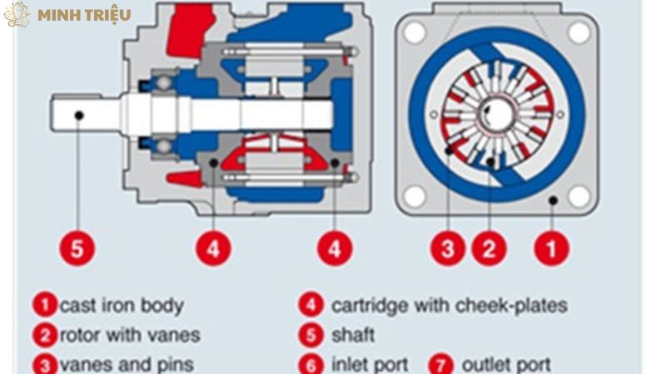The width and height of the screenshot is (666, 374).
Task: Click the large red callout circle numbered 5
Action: point(77,248)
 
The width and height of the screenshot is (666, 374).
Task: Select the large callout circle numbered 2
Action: point(489,248)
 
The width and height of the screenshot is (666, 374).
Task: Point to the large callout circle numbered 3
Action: point(448,248)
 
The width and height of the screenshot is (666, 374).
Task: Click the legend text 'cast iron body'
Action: point(121,305)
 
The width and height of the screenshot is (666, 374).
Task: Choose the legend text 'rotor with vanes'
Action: point(129,335)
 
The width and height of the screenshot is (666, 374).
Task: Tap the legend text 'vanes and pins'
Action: point(126,364)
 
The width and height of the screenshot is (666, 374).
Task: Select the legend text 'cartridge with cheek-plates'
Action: point(449,305)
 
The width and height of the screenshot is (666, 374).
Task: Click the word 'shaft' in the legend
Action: point(353,335)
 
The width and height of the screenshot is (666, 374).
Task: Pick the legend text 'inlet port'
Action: point(370,364)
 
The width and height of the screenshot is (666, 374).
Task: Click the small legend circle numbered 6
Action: point(310,364)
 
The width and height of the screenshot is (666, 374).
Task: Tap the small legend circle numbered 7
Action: point(440,364)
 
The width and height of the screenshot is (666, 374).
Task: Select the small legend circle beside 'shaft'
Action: point(310,335)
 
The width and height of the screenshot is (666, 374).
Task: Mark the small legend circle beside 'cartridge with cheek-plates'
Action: point(310,305)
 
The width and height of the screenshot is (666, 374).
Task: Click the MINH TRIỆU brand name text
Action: point(83,14)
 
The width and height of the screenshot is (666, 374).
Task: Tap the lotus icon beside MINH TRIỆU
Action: point(17,14)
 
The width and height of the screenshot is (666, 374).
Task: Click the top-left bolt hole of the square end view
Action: point(413,32)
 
